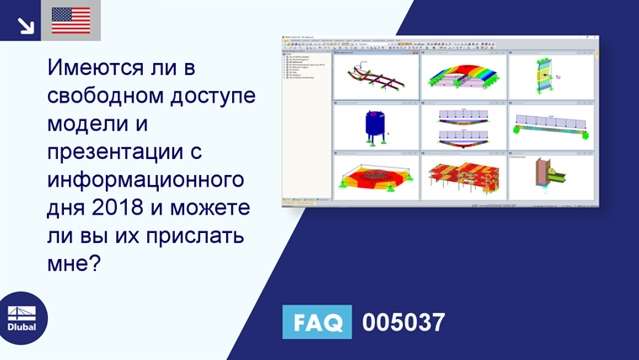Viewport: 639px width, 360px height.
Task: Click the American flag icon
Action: tap(71, 20)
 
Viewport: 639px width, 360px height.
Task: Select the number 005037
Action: tap(403, 322)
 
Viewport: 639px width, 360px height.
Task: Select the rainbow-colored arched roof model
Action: tap(462, 77)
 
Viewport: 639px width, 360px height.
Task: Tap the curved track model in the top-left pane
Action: tap(373, 79)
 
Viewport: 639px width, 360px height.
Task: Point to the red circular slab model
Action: tap(373, 177)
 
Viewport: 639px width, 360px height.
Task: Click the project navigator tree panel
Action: tap(306, 126)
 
